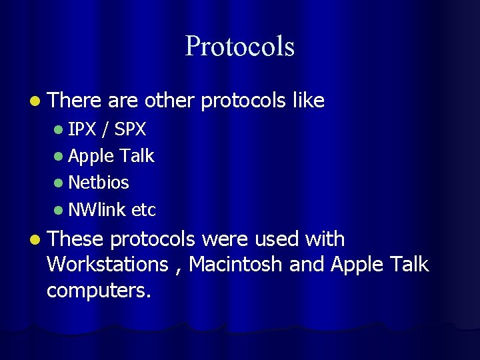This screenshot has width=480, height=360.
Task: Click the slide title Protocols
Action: tap(239, 46)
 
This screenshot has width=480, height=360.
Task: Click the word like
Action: tap(308, 101)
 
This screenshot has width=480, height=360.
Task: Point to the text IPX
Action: tap(82, 129)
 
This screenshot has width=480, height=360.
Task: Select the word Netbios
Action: tap(99, 182)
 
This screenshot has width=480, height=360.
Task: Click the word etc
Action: tap(143, 210)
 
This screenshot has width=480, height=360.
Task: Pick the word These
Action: tap(76, 239)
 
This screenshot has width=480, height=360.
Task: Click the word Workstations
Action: tap(107, 264)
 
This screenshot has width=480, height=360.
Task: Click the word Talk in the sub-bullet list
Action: tap(137, 156)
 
